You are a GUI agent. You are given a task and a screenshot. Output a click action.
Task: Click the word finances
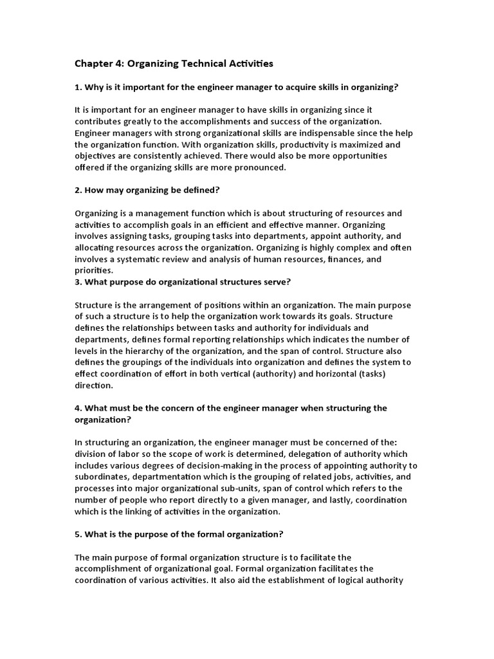(x=329, y=259)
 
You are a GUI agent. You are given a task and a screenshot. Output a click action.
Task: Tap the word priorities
(x=93, y=271)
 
